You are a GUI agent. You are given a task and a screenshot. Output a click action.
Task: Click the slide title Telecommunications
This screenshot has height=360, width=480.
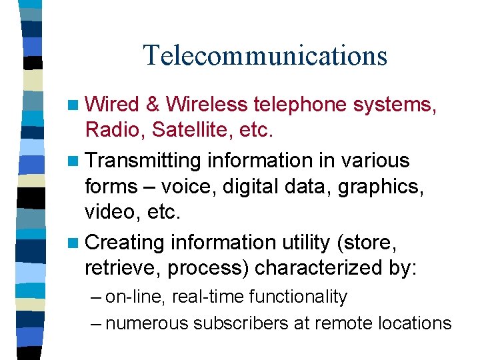pos(265,55)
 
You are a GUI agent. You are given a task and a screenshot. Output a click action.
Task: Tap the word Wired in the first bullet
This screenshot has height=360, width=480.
pos(112,105)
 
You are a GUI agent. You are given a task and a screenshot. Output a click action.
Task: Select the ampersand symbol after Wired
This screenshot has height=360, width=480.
pos(152,105)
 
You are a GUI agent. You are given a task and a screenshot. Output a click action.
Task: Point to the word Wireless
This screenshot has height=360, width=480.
pos(207,105)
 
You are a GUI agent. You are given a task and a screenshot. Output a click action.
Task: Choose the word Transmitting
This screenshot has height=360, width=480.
pos(143,161)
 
